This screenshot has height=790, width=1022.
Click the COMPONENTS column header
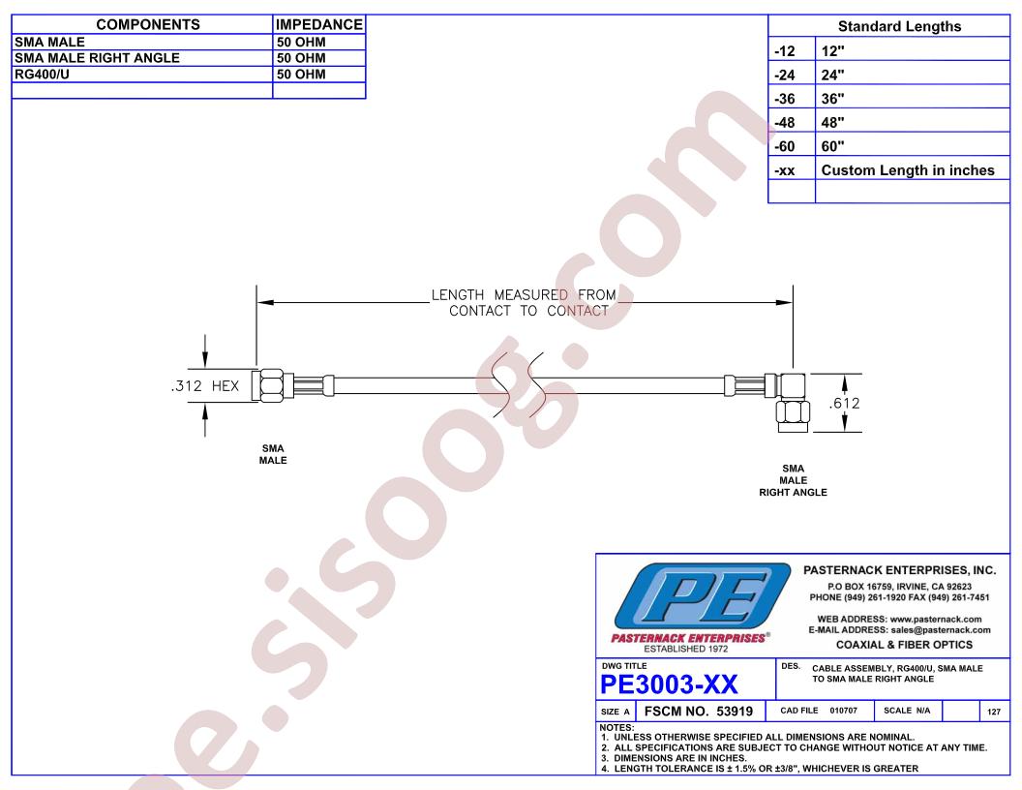pyautogui.click(x=148, y=25)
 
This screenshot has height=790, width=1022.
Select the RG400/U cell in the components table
pyautogui.click(x=42, y=75)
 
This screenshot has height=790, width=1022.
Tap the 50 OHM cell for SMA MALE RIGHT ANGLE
pyautogui.click(x=301, y=58)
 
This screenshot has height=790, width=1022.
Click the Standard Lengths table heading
pyautogui.click(x=899, y=27)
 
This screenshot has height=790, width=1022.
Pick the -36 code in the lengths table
pyautogui.click(x=785, y=99)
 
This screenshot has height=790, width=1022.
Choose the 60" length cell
pyautogui.click(x=832, y=146)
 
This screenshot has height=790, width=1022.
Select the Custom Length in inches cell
pyautogui.click(x=907, y=170)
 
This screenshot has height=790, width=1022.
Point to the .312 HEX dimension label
pyautogui.click(x=205, y=386)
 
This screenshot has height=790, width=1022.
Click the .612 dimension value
pyautogui.click(x=845, y=404)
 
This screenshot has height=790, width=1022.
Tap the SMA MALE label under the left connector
pyautogui.click(x=273, y=454)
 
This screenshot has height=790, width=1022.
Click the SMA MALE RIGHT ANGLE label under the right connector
pyautogui.click(x=793, y=480)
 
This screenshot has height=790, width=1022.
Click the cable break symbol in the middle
pyautogui.click(x=518, y=386)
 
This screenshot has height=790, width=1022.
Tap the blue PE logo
pyautogui.click(x=702, y=596)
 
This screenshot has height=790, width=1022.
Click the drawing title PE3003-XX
pyautogui.click(x=669, y=684)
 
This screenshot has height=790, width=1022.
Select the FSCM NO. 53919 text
pyautogui.click(x=698, y=712)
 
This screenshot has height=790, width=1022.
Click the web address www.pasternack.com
pyautogui.click(x=935, y=620)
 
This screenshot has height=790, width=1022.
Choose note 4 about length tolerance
pyautogui.click(x=760, y=769)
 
